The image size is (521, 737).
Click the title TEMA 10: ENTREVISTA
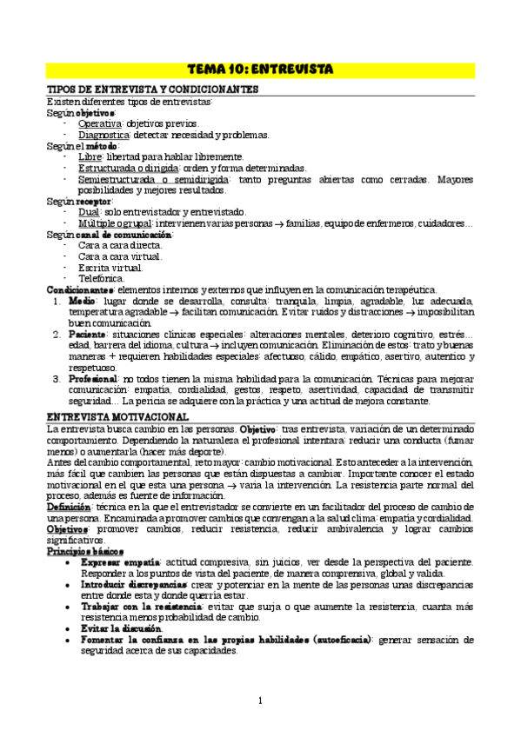click(260, 69)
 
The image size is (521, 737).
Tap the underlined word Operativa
click(100, 123)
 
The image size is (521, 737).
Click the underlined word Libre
click(90, 156)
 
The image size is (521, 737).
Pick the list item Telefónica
click(102, 278)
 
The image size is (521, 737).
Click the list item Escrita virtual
click(109, 267)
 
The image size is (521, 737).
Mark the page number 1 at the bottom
click(260, 700)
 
